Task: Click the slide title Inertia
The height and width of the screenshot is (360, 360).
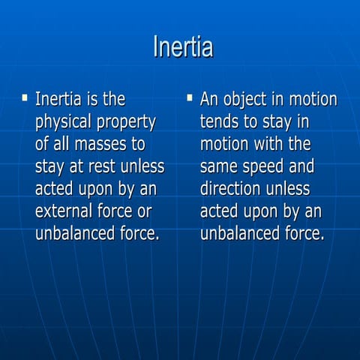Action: click(183, 46)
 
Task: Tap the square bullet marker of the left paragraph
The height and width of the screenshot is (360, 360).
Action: click(25, 97)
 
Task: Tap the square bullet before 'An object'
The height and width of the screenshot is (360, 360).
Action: click(190, 97)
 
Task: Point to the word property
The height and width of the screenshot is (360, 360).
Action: click(128, 121)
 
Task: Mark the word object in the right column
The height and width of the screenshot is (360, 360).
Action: click(251, 100)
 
